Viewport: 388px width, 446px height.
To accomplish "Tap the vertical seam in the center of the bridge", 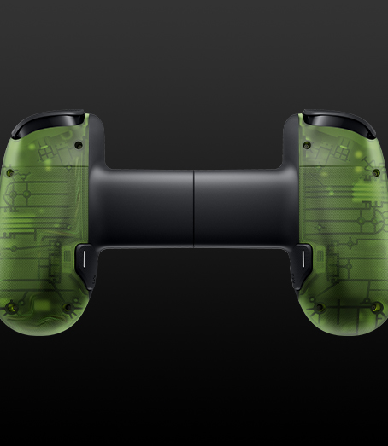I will coord(194,205).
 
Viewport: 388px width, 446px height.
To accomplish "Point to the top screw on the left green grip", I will coord(79,146).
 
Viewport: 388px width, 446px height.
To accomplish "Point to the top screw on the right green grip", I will coord(309,146).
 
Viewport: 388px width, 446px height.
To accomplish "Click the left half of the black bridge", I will coord(150,205).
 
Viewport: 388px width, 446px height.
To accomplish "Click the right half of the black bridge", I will coord(239,205).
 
